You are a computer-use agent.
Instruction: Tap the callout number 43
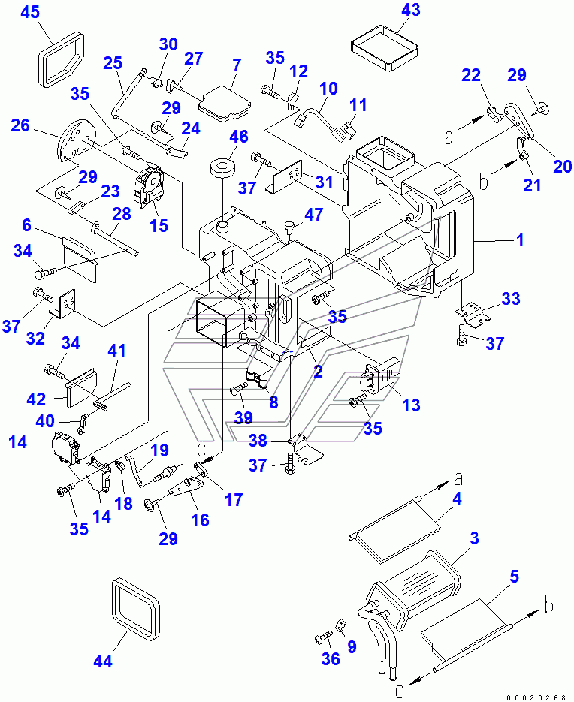(x=411, y=10)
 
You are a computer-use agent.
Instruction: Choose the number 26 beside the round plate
(x=20, y=125)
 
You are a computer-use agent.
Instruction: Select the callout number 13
(x=411, y=405)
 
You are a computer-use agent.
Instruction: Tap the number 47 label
(x=313, y=215)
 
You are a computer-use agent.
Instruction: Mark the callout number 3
(x=474, y=538)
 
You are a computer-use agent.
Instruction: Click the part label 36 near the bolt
(x=331, y=658)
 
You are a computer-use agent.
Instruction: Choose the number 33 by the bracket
(x=510, y=299)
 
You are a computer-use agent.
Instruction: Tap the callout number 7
(x=236, y=65)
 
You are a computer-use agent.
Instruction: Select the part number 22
(x=470, y=76)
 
